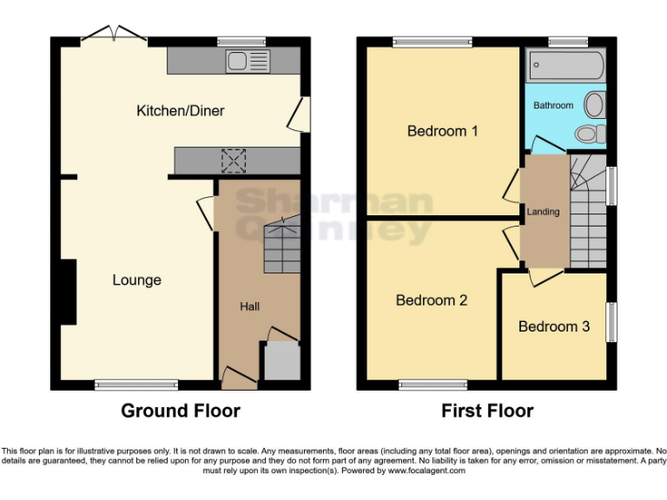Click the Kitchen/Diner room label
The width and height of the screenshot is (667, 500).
tap(180, 110)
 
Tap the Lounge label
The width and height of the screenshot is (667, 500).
tap(136, 280)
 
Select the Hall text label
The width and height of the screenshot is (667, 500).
tap(249, 306)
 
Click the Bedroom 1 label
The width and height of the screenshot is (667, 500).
tap(443, 131)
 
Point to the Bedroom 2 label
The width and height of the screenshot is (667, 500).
tap(432, 300)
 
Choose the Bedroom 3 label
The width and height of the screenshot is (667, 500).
tap(553, 326)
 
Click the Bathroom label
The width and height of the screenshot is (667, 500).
tap(553, 105)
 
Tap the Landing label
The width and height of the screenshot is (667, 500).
tap(543, 212)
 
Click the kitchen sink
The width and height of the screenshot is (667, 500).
tap(248, 61)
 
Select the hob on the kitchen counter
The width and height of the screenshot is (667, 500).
tap(234, 161)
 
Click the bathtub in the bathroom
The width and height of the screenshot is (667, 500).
tap(565, 65)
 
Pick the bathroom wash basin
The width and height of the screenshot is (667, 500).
tap(595, 105)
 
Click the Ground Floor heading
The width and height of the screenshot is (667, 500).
tap(180, 411)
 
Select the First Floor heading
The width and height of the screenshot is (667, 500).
tap(487, 411)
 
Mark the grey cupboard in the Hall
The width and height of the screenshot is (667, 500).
tap(281, 360)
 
